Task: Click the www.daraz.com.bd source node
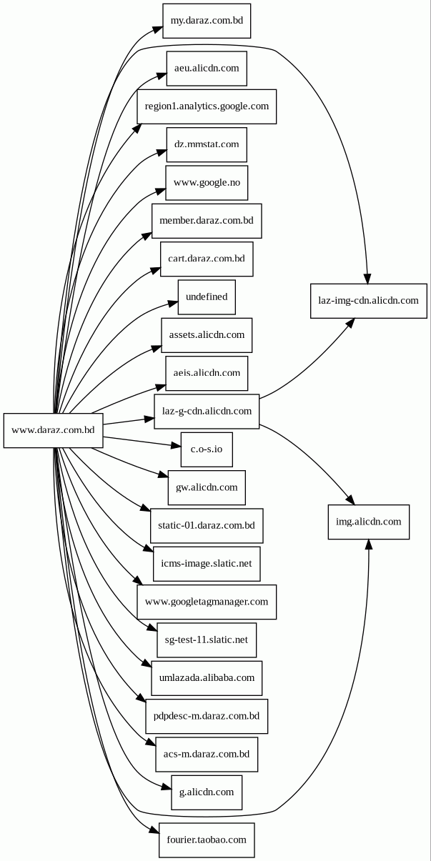pos(54,430)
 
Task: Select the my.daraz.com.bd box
pos(207,21)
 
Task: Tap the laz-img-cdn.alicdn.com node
pos(368,300)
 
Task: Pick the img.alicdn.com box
pos(368,522)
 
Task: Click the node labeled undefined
pos(207,297)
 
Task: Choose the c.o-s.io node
pos(207,449)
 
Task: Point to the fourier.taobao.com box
pos(207,840)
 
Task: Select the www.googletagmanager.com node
pos(207,602)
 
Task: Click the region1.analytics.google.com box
pos(207,106)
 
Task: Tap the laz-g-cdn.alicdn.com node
pos(207,411)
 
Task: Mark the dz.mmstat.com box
pos(207,144)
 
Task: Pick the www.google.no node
pos(207,183)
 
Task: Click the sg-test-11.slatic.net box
pos(207,639)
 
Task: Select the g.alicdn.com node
pos(207,792)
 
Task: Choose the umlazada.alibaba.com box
pos(207,677)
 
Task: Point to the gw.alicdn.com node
pos(207,487)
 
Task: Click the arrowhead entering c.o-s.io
pos(176,446)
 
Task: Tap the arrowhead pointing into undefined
pos(172,304)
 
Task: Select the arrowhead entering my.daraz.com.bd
pos(157,29)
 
